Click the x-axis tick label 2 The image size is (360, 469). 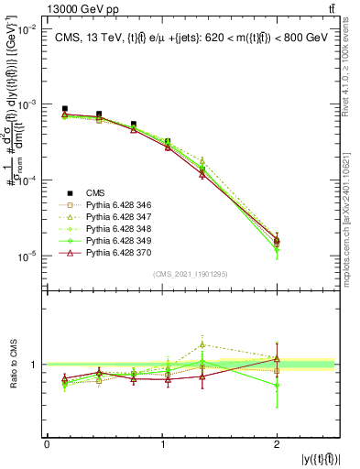point(277,445)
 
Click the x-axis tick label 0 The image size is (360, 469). point(47,445)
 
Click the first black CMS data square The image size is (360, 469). point(64,109)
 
